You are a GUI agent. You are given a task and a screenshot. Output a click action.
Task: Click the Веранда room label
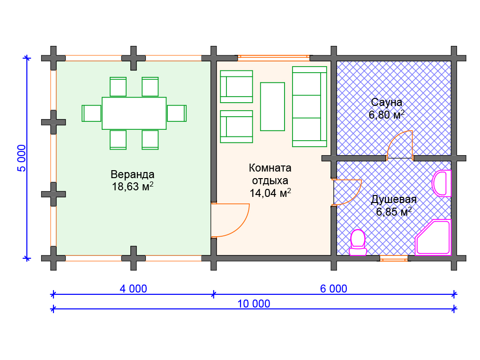click(x=132, y=174)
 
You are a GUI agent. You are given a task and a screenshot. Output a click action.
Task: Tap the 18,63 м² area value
click(x=132, y=187)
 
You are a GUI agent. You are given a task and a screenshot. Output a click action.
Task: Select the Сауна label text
click(x=387, y=102)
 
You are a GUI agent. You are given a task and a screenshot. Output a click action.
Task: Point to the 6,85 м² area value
click(x=394, y=211)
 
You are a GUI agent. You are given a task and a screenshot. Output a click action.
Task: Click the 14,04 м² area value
click(x=270, y=192)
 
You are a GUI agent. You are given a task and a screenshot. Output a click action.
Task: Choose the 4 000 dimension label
click(x=133, y=289)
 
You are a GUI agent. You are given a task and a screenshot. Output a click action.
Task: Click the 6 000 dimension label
click(x=334, y=289)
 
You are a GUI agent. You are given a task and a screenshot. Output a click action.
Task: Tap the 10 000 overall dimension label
click(x=254, y=304)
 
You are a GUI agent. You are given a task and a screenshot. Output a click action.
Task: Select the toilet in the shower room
click(x=358, y=242)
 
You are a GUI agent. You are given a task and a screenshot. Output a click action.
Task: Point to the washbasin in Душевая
click(x=441, y=183)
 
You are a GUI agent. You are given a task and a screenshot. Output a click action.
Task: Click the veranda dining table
click(x=134, y=113)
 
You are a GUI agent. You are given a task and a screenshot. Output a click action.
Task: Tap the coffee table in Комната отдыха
click(x=272, y=106)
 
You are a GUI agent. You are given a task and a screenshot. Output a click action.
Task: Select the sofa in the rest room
click(x=309, y=106)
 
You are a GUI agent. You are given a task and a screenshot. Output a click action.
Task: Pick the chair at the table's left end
click(x=92, y=113)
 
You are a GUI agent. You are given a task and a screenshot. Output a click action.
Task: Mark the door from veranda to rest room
click(x=230, y=220)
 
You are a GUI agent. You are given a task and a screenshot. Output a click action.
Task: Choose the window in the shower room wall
click(x=394, y=258)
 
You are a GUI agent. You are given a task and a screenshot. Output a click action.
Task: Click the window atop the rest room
click(x=274, y=58)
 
